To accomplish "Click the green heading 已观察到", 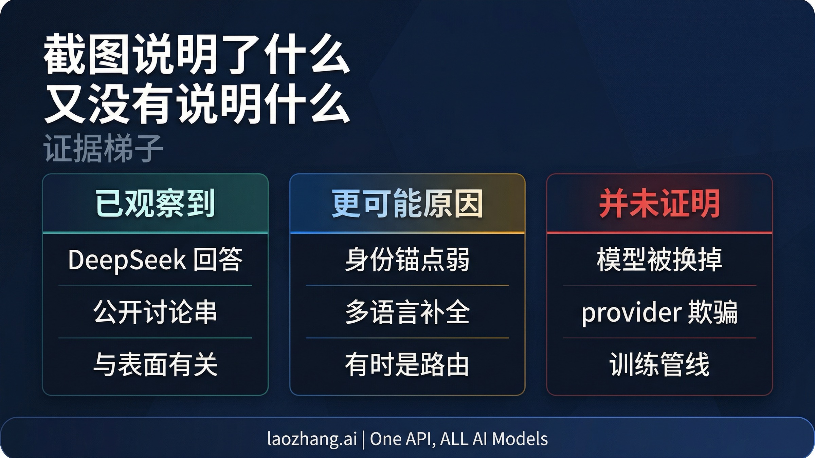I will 155,204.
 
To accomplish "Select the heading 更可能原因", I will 407,204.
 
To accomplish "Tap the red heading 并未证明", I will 659,204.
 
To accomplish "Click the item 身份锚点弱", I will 407,260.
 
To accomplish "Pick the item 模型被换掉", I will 659,260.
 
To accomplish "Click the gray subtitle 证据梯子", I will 103,148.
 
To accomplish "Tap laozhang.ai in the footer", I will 312,439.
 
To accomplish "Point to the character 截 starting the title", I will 64,54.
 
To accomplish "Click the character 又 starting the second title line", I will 64,103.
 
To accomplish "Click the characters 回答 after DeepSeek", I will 218,260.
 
